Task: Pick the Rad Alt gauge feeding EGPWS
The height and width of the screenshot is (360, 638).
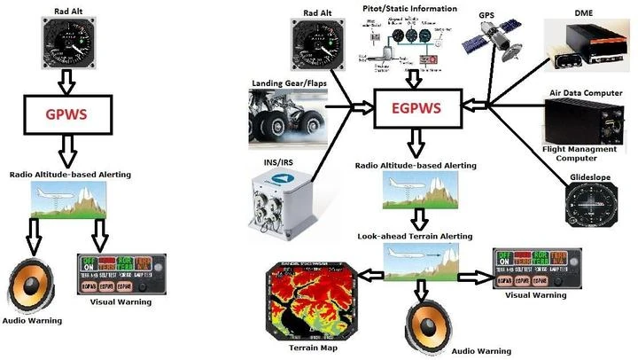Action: (x=317, y=45)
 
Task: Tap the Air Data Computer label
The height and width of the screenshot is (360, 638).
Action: (x=585, y=93)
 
